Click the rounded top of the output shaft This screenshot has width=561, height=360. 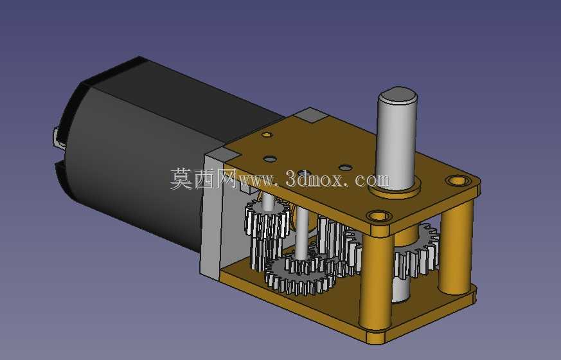pyautogui.click(x=398, y=94)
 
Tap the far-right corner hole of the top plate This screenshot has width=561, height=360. pyautogui.click(x=458, y=180)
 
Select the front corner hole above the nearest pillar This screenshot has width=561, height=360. pyautogui.click(x=379, y=216)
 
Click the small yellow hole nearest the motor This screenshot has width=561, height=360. pyautogui.click(x=267, y=135)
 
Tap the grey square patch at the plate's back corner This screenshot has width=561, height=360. pyautogui.click(x=310, y=115)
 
